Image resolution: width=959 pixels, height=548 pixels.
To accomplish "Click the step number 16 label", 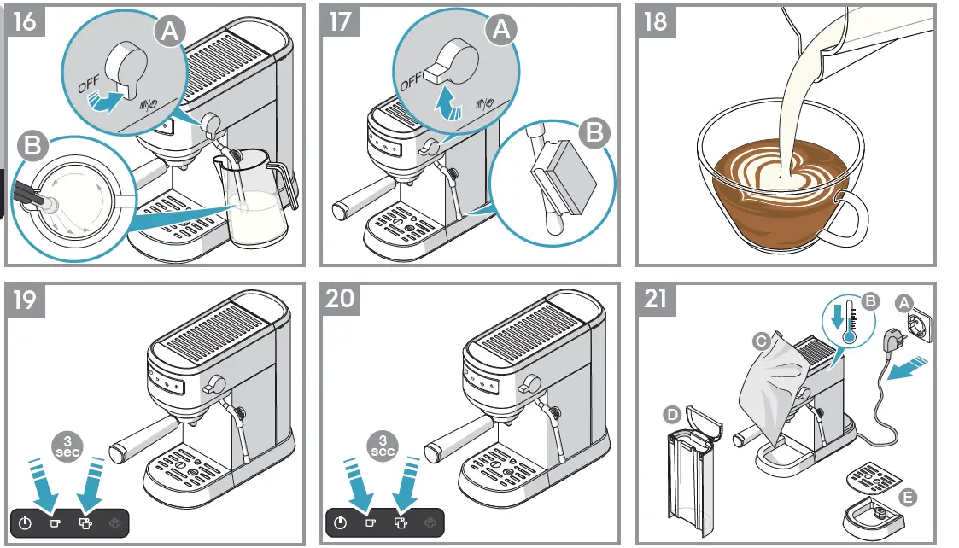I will coord(26,20).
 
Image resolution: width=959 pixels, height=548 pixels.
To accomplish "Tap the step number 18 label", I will coord(655,20).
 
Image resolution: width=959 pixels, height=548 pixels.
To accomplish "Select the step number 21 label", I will coord(655,300).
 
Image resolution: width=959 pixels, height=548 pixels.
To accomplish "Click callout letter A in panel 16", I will coord(171,32).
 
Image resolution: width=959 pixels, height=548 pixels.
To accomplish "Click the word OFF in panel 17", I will coord(411,78).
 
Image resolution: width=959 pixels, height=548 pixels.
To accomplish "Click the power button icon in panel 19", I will coord(26,522).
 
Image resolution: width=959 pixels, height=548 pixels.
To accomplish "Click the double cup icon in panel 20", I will coord(399,522).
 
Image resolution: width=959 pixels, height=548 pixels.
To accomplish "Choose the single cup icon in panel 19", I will coord(54,522).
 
